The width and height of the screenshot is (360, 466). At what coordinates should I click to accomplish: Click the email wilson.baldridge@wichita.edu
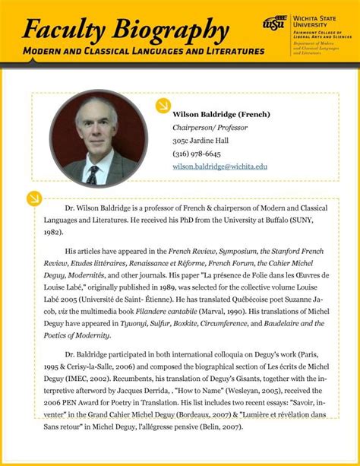coord(220,166)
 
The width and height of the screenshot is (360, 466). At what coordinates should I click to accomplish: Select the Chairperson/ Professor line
coord(210,128)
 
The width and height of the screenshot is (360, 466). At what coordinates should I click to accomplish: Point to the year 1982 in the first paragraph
coord(53,232)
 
